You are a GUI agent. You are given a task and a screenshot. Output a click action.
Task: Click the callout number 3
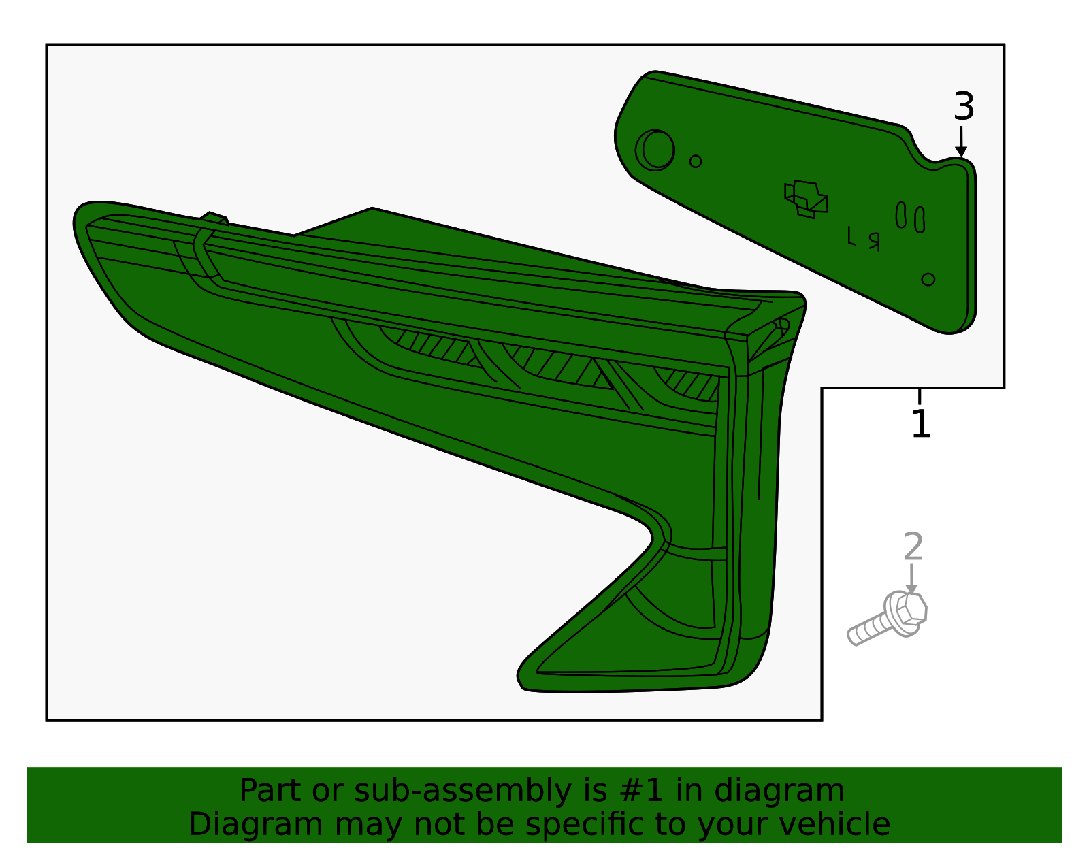pyautogui.click(x=964, y=106)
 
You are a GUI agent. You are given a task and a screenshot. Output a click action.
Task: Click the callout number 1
pyautogui.click(x=921, y=424)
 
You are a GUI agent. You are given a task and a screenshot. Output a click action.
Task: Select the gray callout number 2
pyautogui.click(x=913, y=547)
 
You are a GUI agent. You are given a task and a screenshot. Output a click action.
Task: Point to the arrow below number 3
pyautogui.click(x=961, y=142)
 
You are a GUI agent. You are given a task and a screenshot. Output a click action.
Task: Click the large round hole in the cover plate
pyautogui.click(x=655, y=150)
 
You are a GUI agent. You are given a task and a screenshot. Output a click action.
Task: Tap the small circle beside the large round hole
pyautogui.click(x=695, y=161)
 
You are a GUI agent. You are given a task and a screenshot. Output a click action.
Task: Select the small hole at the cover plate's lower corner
pyautogui.click(x=928, y=280)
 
